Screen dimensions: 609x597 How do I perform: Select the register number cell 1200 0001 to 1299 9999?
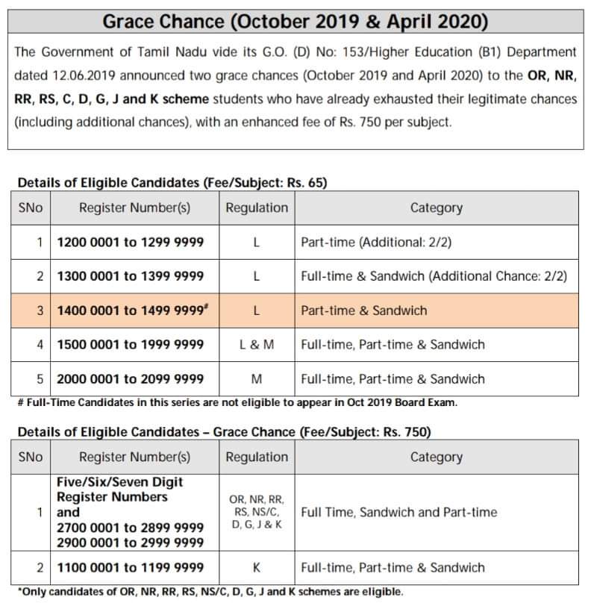[131, 243]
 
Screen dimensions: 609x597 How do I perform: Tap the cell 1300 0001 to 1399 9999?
[131, 276]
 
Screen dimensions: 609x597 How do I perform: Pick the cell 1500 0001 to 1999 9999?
[131, 345]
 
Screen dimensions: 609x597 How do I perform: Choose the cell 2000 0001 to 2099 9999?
[131, 378]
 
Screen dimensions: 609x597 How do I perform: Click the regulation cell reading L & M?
[257, 345]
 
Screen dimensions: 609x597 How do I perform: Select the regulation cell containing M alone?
[257, 378]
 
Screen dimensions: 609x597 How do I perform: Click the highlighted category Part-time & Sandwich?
[364, 310]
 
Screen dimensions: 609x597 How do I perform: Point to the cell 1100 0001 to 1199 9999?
[131, 568]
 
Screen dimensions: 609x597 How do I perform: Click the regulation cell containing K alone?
[257, 568]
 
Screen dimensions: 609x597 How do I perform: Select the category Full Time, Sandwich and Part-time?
[399, 513]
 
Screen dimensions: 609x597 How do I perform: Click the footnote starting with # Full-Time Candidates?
[237, 403]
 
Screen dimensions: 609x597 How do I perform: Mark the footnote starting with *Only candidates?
[210, 592]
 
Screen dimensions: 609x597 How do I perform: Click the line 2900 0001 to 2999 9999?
[131, 543]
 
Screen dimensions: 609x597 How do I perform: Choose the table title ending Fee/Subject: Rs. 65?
[172, 182]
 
